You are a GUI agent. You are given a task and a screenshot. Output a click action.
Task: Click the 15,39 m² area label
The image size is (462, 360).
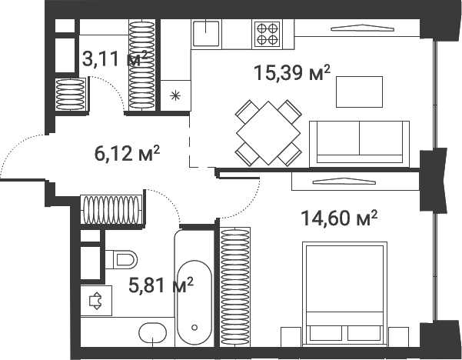[x=291, y=74]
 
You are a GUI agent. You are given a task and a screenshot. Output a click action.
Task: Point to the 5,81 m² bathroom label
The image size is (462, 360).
[x=161, y=286]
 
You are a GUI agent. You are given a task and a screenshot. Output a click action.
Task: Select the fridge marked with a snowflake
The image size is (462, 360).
[x=175, y=95]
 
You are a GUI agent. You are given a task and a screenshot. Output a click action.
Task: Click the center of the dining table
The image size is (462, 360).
[x=268, y=132]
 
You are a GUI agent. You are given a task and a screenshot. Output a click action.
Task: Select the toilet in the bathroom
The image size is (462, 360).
[x=124, y=258]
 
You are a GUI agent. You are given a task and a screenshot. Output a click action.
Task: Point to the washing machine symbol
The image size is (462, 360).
[x=96, y=301]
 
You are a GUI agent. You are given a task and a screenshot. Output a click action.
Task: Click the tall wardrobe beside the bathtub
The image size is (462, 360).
[x=235, y=285]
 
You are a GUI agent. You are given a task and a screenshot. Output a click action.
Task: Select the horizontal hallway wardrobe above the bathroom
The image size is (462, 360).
[x=111, y=208]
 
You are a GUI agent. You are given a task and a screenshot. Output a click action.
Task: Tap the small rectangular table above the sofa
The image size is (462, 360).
[x=360, y=92]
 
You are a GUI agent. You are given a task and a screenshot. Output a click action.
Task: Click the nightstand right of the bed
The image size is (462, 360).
[x=397, y=336]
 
